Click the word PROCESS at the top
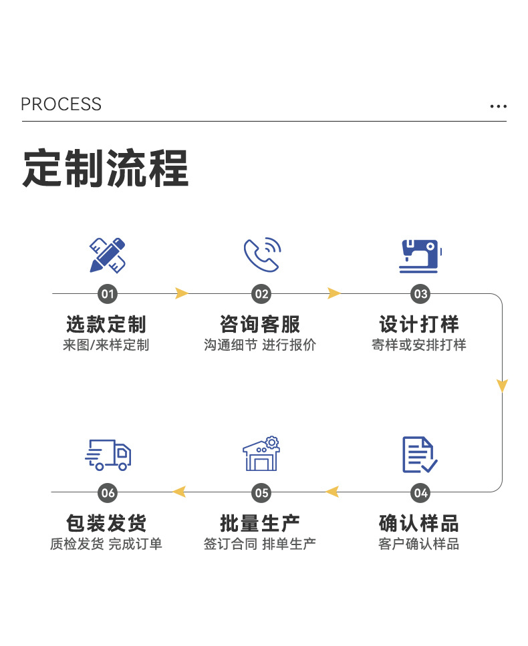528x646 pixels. [61, 104]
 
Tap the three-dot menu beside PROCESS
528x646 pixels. [498, 106]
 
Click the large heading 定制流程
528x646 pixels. [106, 169]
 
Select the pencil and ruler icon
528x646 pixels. [108, 255]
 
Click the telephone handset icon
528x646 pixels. [261, 254]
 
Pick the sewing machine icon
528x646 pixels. [420, 255]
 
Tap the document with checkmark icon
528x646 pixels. [419, 454]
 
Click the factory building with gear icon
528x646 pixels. [261, 454]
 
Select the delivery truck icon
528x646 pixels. [108, 454]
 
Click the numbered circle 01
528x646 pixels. [108, 294]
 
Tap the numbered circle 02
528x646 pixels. [261, 294]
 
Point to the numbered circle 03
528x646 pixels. [420, 294]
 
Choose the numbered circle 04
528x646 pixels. [420, 493]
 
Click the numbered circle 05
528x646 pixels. [261, 493]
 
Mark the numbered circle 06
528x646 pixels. [108, 493]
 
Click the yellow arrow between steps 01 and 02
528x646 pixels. [181, 293]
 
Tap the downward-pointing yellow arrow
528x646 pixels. [502, 385]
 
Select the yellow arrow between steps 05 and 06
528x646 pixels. [178, 492]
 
